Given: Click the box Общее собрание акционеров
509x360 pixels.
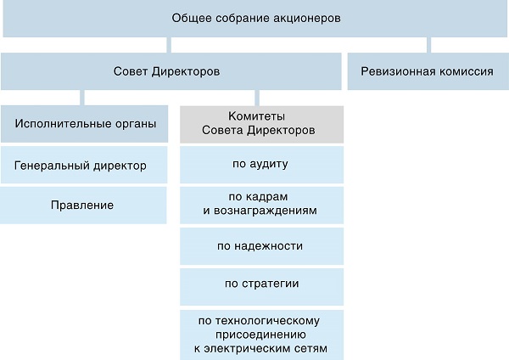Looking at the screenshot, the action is pyautogui.click(x=256, y=18).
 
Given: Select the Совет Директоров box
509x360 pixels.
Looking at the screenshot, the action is pyautogui.click(x=171, y=71).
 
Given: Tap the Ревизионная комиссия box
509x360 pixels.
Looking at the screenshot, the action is pyautogui.click(x=428, y=71).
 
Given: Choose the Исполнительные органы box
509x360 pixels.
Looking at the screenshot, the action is pyautogui.click(x=84, y=124).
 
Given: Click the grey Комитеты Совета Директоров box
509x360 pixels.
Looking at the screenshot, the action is pyautogui.click(x=261, y=125).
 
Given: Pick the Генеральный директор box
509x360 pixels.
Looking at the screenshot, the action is pyautogui.click(x=84, y=165).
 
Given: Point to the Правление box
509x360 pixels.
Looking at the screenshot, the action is pyautogui.click(x=83, y=205).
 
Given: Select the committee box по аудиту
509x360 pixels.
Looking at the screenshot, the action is pyautogui.click(x=261, y=165).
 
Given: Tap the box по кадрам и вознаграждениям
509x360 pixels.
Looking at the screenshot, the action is pyautogui.click(x=261, y=205).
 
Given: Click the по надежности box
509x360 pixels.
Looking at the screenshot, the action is pyautogui.click(x=261, y=246).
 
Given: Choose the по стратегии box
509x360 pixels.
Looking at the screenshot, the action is pyautogui.click(x=261, y=287).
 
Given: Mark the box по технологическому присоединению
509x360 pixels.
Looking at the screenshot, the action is pyautogui.click(x=261, y=335).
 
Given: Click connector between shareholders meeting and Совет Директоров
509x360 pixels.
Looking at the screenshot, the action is pyautogui.click(x=169, y=45).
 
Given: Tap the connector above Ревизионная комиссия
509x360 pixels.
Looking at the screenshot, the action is pyautogui.click(x=428, y=45).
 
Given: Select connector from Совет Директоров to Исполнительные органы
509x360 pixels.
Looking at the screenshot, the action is pyautogui.click(x=82, y=98).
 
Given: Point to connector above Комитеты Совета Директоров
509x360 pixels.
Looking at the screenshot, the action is pyautogui.click(x=257, y=98).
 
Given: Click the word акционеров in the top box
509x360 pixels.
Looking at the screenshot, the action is pyautogui.click(x=307, y=18).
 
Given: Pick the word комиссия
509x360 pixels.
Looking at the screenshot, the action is pyautogui.click(x=466, y=71).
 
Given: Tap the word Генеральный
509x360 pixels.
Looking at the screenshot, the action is pyautogui.click(x=53, y=166).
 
